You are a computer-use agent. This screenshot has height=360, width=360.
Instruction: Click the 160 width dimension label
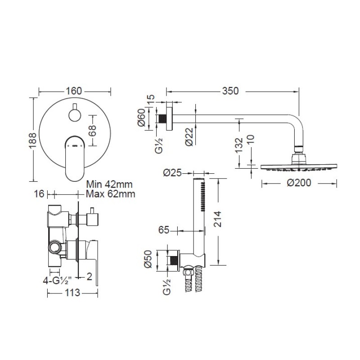point(74,91)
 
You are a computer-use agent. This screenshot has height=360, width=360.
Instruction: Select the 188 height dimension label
point(32,140)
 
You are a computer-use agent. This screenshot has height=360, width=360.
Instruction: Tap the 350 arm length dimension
point(230,91)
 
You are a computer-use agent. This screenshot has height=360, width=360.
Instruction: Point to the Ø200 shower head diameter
point(299,183)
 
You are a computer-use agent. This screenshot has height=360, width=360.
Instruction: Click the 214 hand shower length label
point(217,219)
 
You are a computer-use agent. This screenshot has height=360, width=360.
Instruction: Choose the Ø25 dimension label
point(172,173)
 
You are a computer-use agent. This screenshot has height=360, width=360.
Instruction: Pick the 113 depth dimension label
point(72,293)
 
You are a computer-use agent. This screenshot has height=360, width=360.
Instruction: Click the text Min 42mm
point(109,184)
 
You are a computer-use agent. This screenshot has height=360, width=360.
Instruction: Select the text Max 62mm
point(110,194)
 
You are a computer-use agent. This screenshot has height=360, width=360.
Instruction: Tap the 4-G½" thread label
point(58,280)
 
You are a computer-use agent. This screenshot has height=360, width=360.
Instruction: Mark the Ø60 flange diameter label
point(142,117)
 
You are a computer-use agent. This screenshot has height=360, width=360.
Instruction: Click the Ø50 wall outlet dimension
point(148,259)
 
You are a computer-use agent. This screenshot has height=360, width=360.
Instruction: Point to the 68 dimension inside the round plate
point(92,130)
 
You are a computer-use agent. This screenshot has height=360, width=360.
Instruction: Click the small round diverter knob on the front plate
point(74,115)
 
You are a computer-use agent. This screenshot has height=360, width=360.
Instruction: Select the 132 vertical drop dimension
point(239,144)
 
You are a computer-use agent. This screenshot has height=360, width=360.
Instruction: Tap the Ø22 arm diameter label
point(189,136)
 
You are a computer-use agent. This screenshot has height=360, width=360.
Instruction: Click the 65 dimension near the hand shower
point(164,230)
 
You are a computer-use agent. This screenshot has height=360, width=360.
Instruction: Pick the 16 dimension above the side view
point(39,194)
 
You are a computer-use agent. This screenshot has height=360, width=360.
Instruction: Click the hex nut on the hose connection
point(188,273)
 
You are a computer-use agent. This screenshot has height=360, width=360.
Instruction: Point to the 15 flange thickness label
point(151,99)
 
